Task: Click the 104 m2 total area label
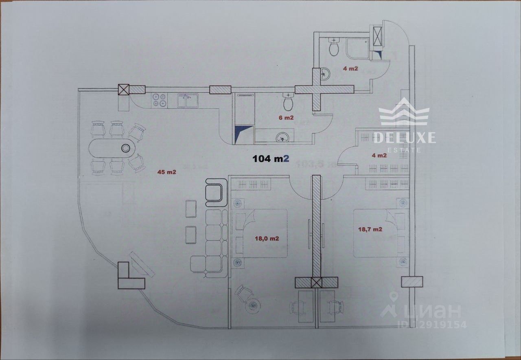tap(271, 158)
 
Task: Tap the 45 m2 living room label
tap(167, 172)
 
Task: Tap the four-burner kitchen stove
tap(160, 100)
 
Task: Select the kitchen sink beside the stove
tap(188, 101)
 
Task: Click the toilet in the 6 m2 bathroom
tap(289, 102)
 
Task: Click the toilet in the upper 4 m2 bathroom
tap(334, 48)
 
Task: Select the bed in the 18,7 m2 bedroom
tap(375, 233)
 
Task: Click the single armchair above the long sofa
tap(215, 193)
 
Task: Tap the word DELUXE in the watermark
tap(404, 137)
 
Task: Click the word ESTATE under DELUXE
tap(404, 150)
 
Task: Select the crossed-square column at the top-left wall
tap(124, 90)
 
